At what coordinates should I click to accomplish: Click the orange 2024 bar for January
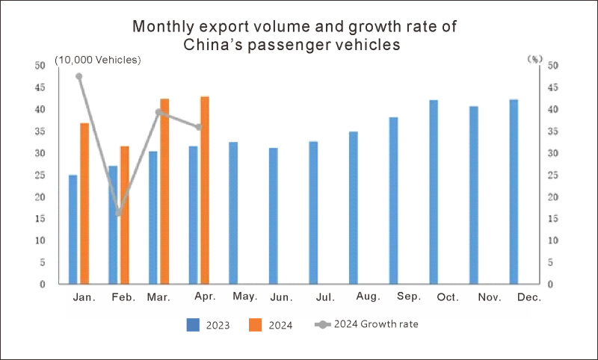point(84,203)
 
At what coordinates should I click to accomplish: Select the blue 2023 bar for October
point(434,192)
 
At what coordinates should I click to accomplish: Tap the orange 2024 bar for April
point(205,190)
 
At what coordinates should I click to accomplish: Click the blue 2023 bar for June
point(273,216)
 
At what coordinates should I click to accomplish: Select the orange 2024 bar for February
point(125,215)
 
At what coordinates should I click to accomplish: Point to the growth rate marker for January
point(78,76)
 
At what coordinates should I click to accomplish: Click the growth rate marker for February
point(119,213)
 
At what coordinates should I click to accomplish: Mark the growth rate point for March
point(158,112)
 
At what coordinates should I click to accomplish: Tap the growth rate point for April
point(199,127)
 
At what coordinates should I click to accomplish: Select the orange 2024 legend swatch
point(255,325)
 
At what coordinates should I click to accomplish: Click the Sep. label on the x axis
point(409,297)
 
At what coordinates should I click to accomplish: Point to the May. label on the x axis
point(244,297)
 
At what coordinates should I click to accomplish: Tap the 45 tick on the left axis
point(40,87)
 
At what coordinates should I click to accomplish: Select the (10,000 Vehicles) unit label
point(98,60)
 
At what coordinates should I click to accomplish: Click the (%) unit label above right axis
point(534,59)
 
